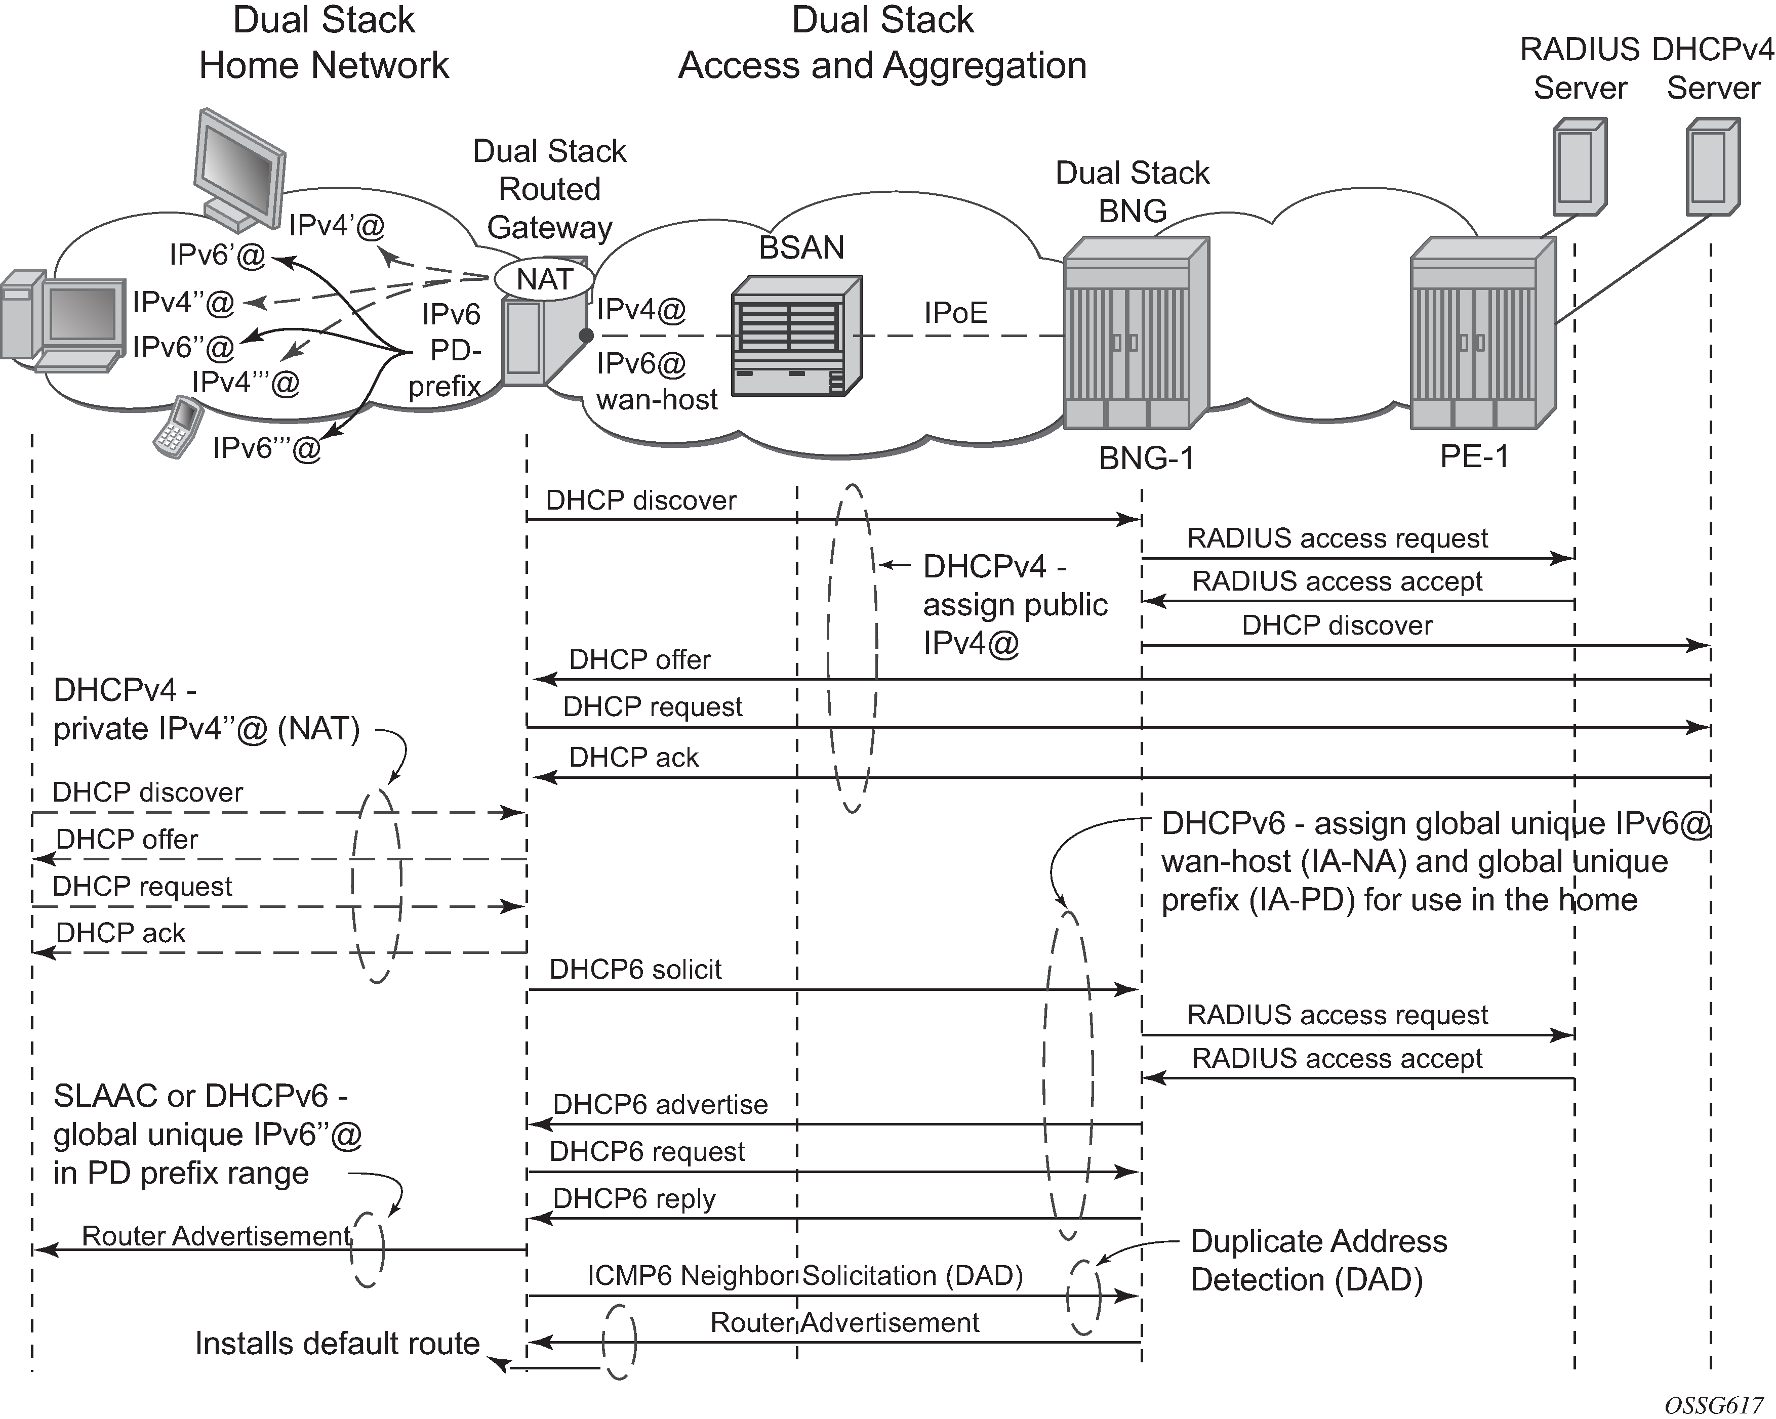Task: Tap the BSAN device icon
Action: coord(796,336)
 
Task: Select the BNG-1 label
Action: coord(1146,458)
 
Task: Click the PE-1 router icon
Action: coord(1482,333)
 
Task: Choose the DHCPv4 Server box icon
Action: coord(1713,166)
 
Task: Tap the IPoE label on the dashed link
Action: coord(955,313)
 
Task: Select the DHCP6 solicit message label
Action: coord(635,969)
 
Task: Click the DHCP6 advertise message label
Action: coord(660,1104)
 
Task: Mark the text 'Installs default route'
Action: coord(337,1343)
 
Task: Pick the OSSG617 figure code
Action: coord(1713,1405)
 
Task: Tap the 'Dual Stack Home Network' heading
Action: coord(324,43)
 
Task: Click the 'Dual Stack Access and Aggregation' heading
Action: coord(882,43)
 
